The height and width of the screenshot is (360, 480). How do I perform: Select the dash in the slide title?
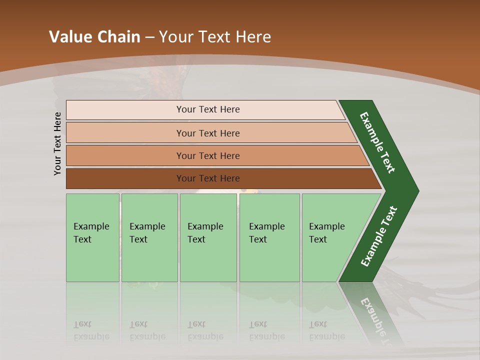point(149,37)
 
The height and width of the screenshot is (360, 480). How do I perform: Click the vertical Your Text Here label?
point(57,143)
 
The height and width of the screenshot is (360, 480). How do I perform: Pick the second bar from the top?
point(208,133)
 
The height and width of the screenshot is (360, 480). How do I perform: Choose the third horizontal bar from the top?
point(208,155)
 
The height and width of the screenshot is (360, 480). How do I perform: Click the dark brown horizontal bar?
point(208,178)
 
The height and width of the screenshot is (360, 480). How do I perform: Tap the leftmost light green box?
point(92,237)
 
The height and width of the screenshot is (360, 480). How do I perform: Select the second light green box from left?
point(149,237)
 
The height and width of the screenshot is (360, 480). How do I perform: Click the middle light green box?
point(208,237)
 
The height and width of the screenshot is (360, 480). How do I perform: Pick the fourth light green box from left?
point(269,237)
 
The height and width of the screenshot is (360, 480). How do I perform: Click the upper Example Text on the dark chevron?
point(377,142)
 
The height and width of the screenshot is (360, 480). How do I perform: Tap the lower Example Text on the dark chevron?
point(379,236)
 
